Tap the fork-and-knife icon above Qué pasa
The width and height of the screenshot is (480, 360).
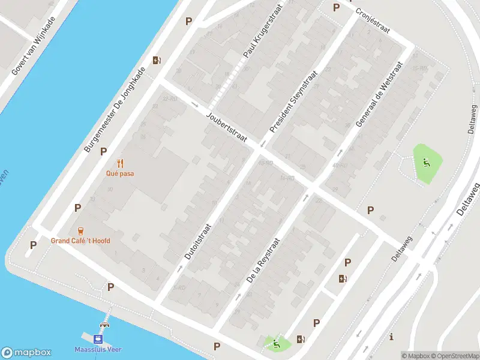[121, 163]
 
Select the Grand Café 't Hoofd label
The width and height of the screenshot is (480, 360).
[80, 241]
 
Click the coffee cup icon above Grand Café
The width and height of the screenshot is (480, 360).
[80, 230]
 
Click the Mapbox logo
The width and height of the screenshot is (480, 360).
[26, 353]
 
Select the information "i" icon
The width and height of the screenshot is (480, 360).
[391, 336]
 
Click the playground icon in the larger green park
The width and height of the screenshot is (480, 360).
[427, 161]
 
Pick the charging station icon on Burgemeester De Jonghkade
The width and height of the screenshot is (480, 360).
[157, 60]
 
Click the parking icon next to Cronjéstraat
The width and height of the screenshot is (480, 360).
[336, 8]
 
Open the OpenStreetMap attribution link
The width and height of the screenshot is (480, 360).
[454, 356]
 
